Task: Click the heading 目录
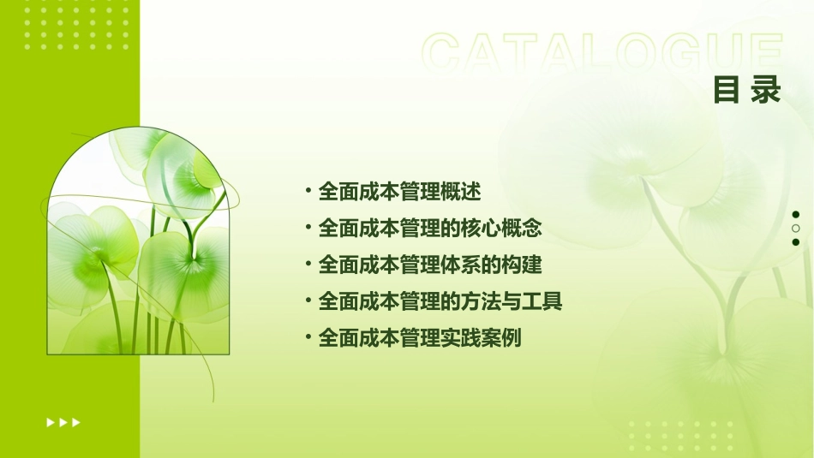tap(747, 89)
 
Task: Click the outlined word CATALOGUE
tap(602, 53)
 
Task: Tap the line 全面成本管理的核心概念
tap(430, 229)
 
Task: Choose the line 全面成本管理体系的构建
tap(430, 265)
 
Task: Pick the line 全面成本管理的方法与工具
tap(440, 301)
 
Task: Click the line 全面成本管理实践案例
tap(420, 338)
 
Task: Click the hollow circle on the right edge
tap(796, 229)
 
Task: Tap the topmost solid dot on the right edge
tap(796, 215)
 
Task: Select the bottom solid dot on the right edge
tap(796, 242)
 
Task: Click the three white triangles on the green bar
tap(63, 422)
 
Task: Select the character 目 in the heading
tap(727, 89)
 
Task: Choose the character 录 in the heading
tap(767, 89)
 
